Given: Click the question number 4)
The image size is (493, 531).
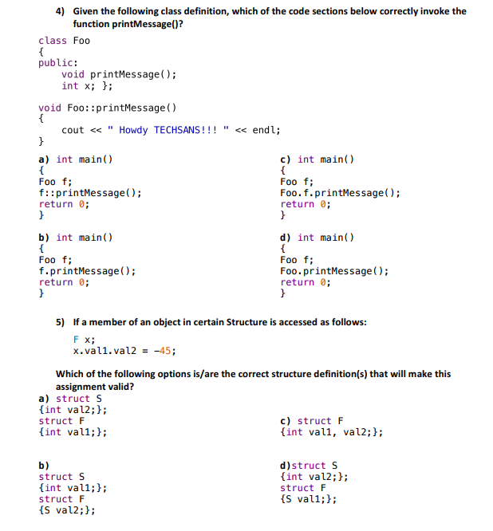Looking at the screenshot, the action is [x=60, y=11].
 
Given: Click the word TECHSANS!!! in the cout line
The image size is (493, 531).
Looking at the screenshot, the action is [x=185, y=130].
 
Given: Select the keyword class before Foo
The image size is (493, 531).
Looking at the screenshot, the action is [x=53, y=41].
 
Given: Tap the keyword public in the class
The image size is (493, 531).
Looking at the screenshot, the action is [x=56, y=63].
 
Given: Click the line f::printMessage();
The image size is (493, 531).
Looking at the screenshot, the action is [x=90, y=193].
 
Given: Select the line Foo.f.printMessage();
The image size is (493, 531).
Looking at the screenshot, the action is [x=340, y=193].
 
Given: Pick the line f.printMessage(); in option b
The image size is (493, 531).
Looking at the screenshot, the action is [x=87, y=271].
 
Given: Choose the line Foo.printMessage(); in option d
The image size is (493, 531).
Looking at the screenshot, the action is [x=334, y=271].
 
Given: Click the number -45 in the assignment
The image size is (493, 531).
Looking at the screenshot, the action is [x=162, y=351].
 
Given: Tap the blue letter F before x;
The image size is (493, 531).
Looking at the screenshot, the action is [x=76, y=340].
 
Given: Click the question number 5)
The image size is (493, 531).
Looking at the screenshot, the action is [x=60, y=322].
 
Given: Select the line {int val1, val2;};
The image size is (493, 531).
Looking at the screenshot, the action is [x=331, y=432].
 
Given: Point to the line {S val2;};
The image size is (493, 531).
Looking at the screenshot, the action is [x=67, y=510].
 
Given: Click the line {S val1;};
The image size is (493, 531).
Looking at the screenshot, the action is [x=309, y=499].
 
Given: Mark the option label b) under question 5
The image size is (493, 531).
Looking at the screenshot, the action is [x=44, y=466].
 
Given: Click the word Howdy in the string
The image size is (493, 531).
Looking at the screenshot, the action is [x=133, y=131].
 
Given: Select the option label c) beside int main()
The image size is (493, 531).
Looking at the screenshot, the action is [x=286, y=159].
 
